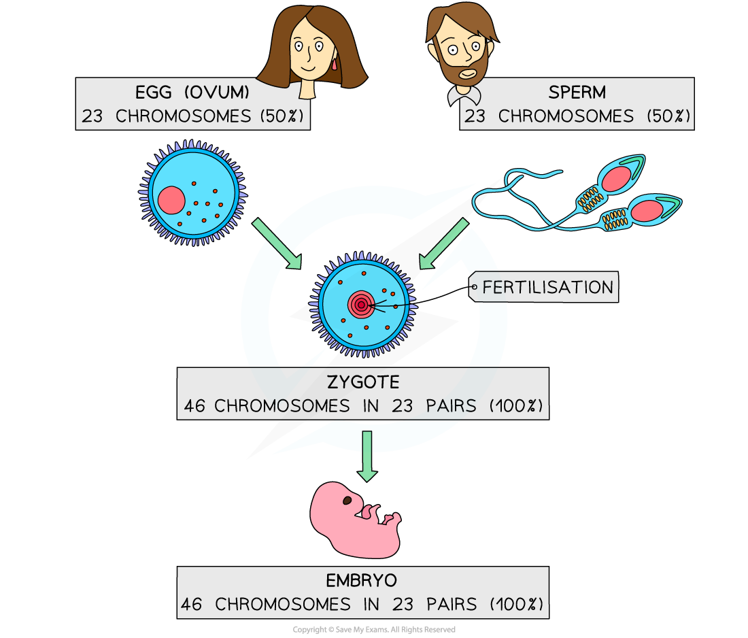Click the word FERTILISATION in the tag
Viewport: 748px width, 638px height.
[x=547, y=288]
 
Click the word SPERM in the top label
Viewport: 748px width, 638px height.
[x=577, y=93]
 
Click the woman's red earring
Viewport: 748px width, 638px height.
[x=335, y=65]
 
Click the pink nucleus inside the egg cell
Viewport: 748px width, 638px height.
[x=171, y=201]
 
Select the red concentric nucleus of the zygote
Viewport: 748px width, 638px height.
[x=360, y=305]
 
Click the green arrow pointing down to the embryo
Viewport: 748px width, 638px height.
[x=367, y=456]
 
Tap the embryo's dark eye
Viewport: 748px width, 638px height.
[x=347, y=501]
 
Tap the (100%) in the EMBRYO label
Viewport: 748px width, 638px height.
[x=516, y=604]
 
